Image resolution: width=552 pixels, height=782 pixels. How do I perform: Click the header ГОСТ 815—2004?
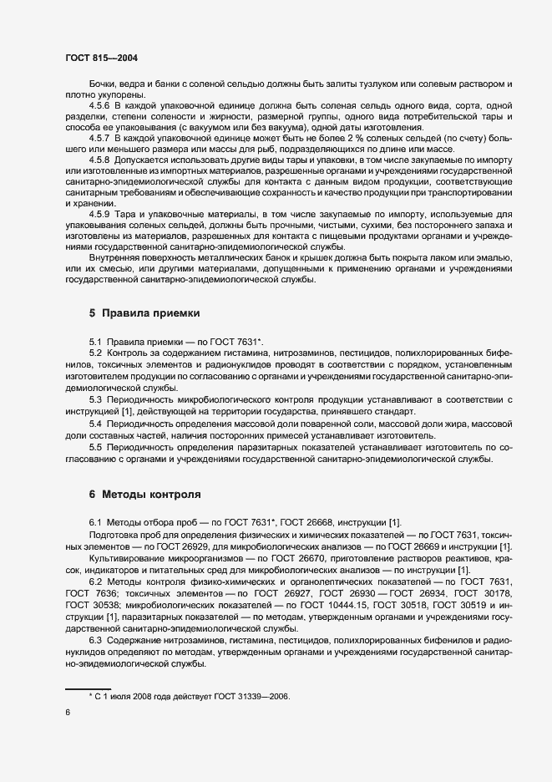[101, 58]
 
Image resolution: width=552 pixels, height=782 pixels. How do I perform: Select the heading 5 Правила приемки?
[144, 314]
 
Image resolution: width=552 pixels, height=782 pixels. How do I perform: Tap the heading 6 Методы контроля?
[145, 494]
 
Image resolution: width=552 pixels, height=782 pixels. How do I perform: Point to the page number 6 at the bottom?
[68, 712]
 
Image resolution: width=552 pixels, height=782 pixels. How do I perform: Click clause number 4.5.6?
[99, 107]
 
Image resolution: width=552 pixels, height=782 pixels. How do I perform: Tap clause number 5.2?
[96, 353]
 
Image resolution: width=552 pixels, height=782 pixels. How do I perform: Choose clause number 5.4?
[96, 424]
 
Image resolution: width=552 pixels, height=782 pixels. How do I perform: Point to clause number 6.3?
[96, 639]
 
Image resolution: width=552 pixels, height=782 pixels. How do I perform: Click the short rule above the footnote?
[88, 687]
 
